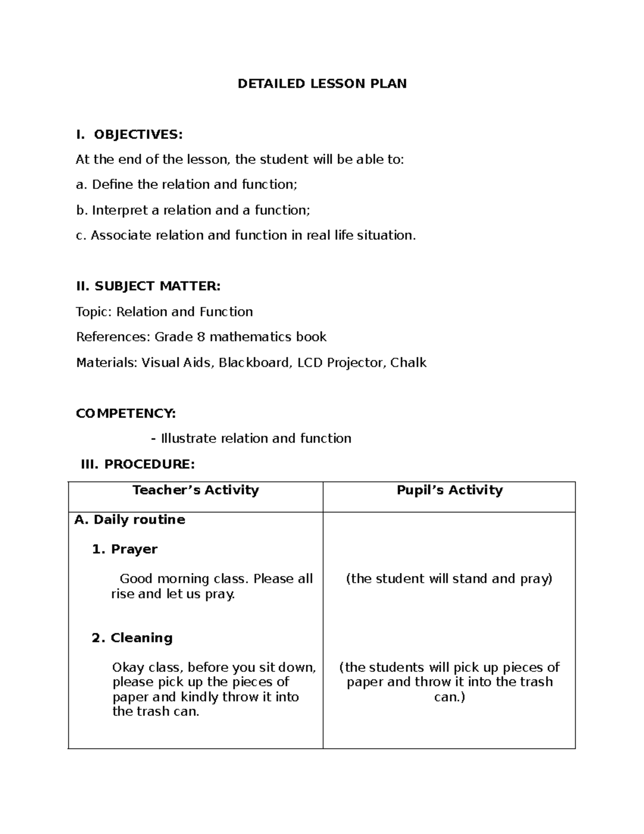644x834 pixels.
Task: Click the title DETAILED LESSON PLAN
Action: pos(322,84)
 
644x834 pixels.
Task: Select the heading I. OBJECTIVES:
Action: pos(129,134)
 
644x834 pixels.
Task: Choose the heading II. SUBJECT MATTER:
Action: pos(148,286)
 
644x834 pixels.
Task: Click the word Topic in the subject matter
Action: pos(94,312)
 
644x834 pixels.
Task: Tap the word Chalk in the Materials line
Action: pos(408,362)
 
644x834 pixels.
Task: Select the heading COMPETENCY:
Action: pos(126,413)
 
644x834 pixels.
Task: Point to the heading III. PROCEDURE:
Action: pos(137,464)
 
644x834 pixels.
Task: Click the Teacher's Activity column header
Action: pos(195,490)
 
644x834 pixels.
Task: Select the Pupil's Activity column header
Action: pos(449,490)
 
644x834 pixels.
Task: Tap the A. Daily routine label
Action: pos(130,519)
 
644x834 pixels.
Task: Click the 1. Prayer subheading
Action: pos(125,549)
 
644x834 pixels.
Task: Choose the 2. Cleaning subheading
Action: pos(132,637)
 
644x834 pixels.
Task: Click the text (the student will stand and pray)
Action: pos(449,578)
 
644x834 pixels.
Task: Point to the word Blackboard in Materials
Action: pos(255,362)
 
